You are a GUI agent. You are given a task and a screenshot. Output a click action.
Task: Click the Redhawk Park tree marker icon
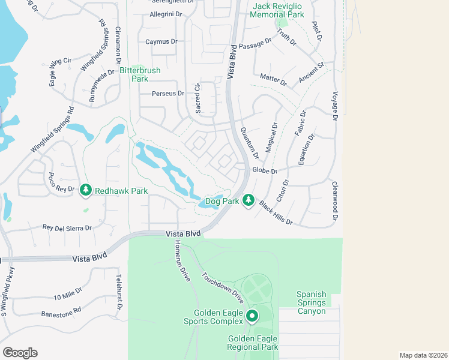coord(86,190)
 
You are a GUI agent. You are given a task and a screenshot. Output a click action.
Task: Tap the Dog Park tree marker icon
coord(249,201)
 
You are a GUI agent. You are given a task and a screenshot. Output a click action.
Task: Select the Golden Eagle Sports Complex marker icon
coord(252,316)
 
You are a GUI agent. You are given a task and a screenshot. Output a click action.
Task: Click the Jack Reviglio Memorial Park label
coord(277,10)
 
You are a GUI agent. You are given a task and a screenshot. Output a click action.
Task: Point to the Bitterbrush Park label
coord(140,74)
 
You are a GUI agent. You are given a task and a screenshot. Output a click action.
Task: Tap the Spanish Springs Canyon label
coord(311,303)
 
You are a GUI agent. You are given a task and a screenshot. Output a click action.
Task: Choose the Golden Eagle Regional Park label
coord(253,343)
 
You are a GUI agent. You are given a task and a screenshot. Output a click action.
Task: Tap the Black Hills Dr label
coord(276,213)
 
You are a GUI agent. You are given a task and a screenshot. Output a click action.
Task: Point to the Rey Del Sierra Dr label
coord(67,228)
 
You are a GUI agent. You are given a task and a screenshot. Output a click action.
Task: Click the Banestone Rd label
coord(61,313)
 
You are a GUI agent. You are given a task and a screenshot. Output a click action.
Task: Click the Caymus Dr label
coord(161,42)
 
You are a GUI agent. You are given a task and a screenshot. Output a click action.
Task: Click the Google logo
coord(20,353)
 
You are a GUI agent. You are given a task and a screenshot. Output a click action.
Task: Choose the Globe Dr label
coord(265,171)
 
